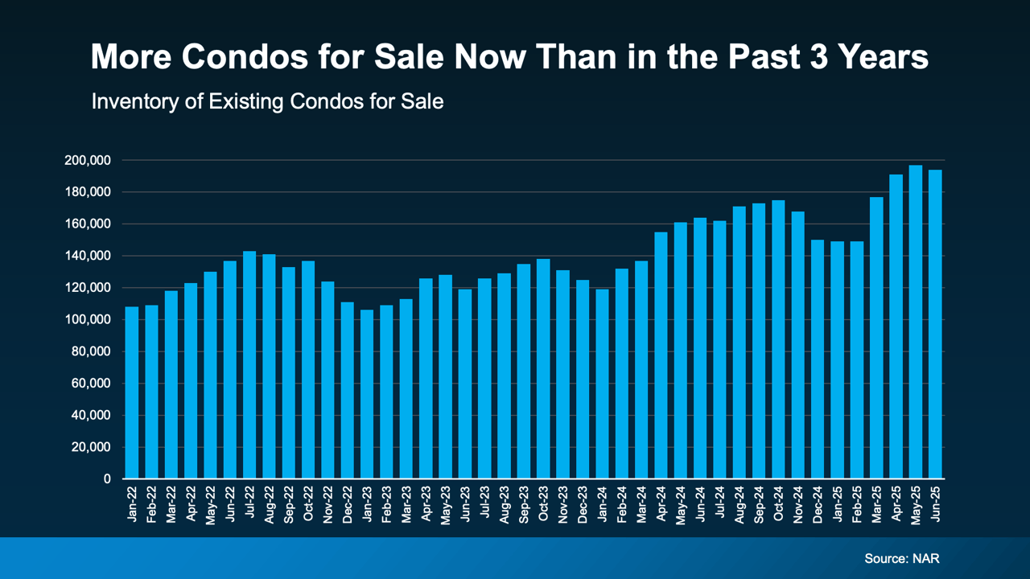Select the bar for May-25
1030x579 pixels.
(915, 322)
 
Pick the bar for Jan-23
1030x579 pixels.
(367, 394)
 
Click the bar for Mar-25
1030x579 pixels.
(876, 338)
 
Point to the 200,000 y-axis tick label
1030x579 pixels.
(87, 161)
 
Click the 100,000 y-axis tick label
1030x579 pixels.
(87, 320)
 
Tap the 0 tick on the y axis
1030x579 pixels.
(107, 479)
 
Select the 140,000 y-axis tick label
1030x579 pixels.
(87, 257)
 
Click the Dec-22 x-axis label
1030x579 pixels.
(348, 503)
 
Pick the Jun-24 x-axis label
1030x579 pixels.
(700, 503)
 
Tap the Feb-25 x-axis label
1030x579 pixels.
(857, 503)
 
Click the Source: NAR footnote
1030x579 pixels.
(901, 558)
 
